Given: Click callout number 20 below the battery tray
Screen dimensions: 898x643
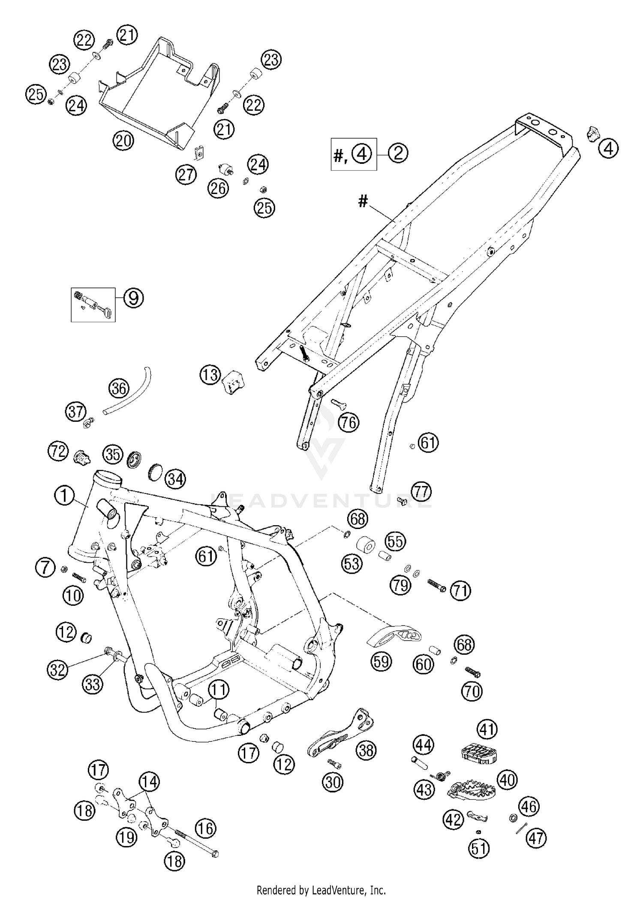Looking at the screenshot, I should tap(123, 140).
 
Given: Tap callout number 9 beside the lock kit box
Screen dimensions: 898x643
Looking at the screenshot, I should tap(134, 298).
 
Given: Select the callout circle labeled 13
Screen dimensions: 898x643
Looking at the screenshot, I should tap(210, 375).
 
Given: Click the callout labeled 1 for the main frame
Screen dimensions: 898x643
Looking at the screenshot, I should tap(64, 496).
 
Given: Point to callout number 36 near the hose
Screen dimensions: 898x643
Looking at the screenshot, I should tap(119, 388).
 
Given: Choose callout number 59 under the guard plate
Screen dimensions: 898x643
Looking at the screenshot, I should tap(381, 661).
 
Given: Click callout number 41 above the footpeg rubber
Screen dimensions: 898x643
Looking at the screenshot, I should tap(487, 729).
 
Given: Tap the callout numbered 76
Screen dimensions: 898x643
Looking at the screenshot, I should tap(349, 423).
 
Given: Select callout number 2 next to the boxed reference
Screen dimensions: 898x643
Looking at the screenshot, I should tap(398, 153).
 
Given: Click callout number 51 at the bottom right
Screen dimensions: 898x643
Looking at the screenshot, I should tap(479, 848).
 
